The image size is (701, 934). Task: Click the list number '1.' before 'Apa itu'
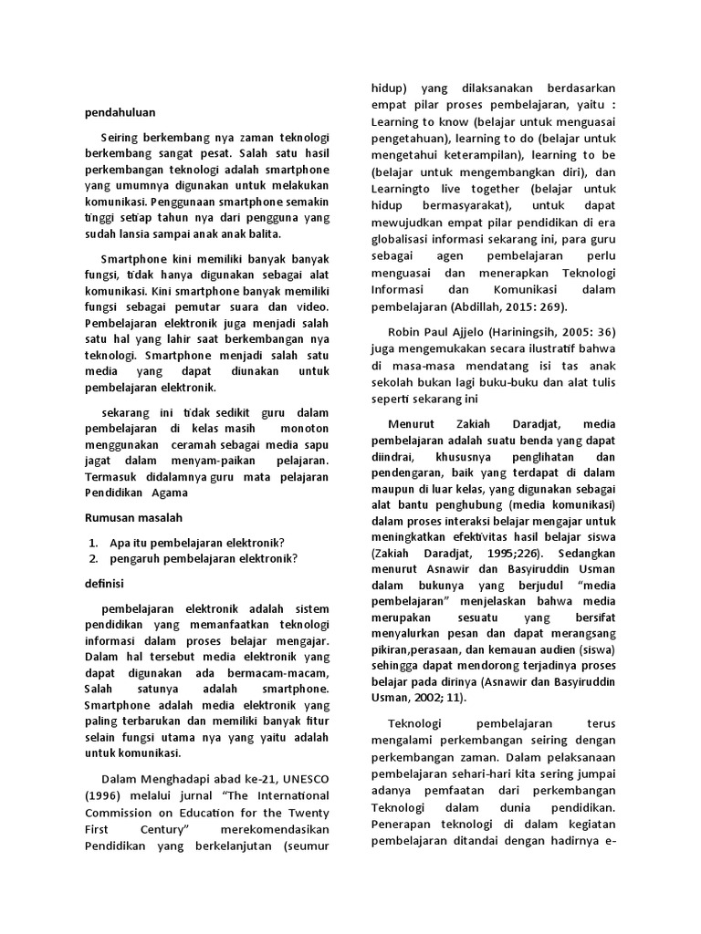coord(94,541)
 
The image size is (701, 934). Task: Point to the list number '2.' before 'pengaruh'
coord(94,558)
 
